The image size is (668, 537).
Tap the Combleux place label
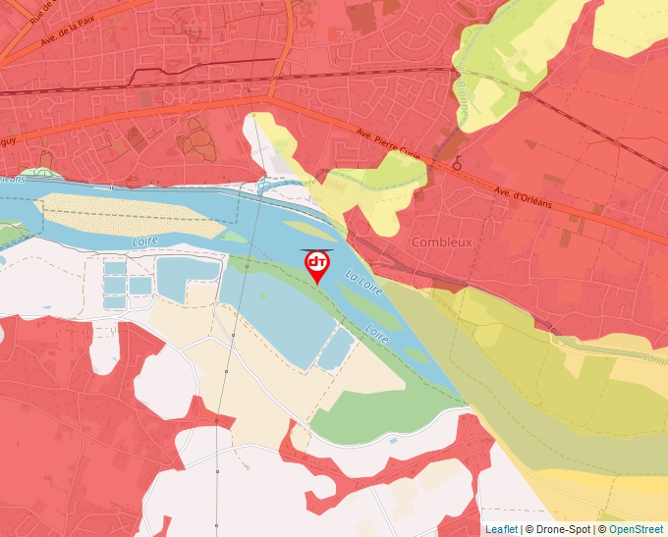[x=441, y=242]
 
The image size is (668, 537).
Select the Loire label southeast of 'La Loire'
[x=378, y=334]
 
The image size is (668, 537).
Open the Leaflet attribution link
[x=501, y=529]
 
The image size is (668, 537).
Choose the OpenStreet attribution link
[x=637, y=529]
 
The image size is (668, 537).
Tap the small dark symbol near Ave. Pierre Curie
[x=457, y=165]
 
